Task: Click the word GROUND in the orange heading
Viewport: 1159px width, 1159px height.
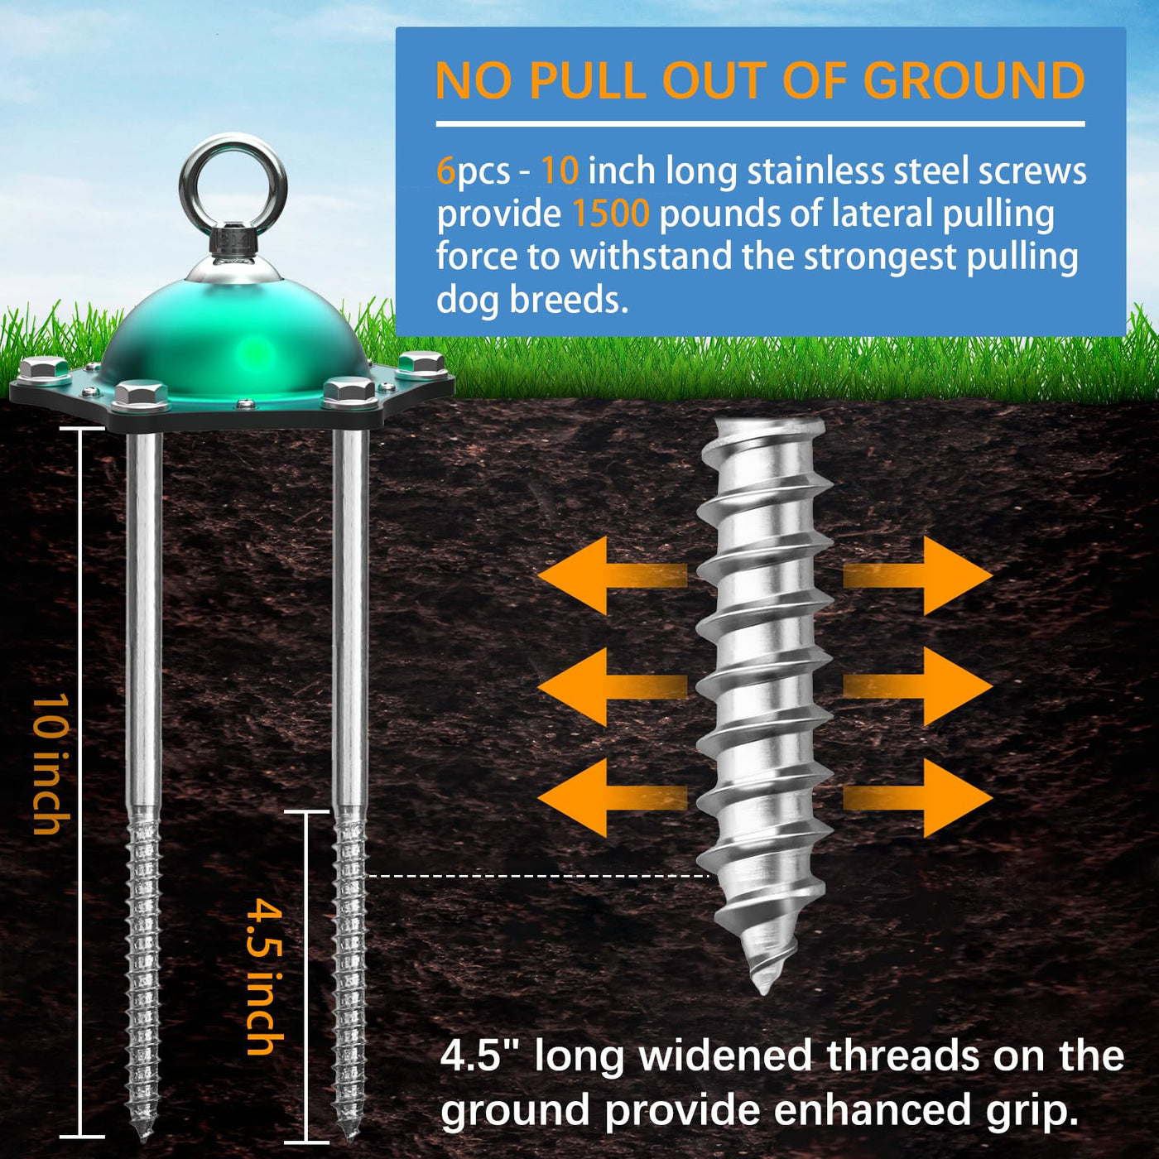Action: [978, 80]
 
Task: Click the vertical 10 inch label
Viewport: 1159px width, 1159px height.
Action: [51, 764]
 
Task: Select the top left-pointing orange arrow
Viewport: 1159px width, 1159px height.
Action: [613, 575]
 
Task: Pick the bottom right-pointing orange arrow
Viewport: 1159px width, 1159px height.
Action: [918, 798]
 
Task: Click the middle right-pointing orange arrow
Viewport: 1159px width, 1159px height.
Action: [918, 686]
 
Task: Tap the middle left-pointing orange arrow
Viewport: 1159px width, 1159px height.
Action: [613, 686]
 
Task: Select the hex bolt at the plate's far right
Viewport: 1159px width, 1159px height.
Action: [421, 364]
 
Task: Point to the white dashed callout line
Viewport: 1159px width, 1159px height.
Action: [539, 877]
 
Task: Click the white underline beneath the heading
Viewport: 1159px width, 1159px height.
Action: [760, 124]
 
